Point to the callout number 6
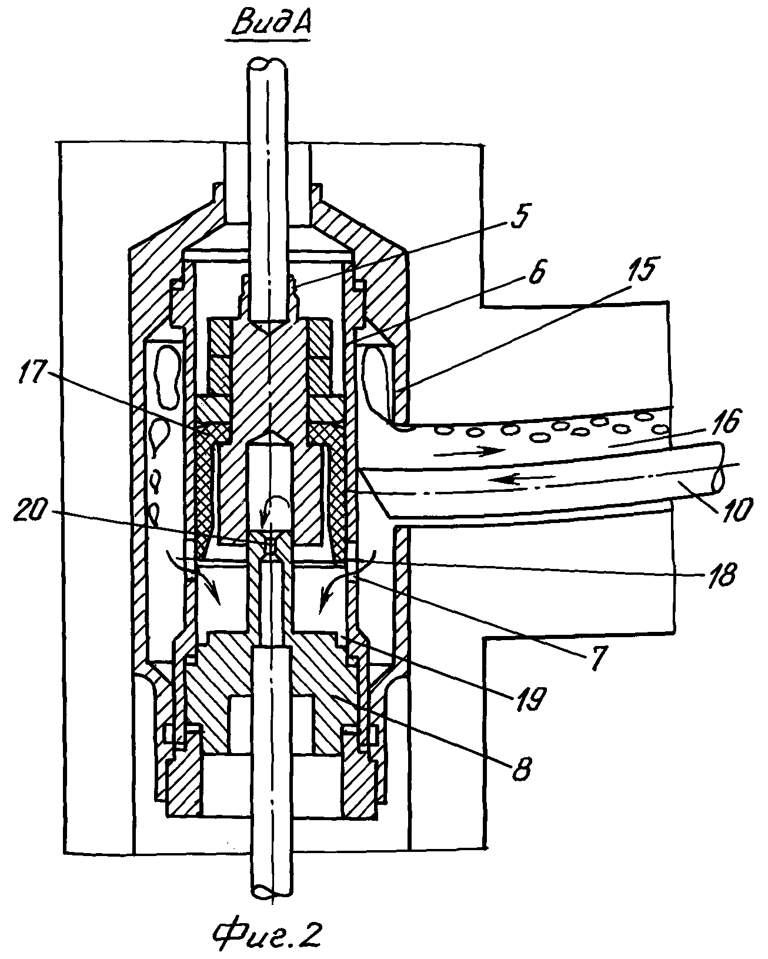pyautogui.click(x=537, y=271)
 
